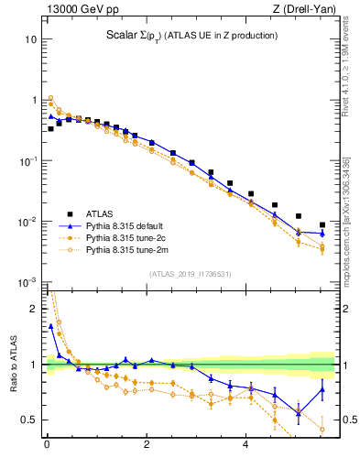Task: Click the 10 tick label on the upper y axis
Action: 30,39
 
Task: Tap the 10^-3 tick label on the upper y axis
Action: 28,282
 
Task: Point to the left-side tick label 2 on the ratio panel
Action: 34,309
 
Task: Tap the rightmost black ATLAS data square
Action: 322,224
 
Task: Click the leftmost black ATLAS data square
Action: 50,128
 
